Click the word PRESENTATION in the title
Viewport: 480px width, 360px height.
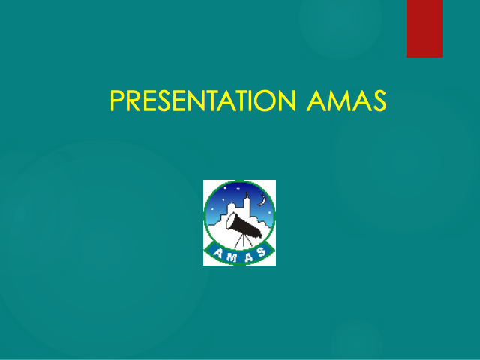point(203,100)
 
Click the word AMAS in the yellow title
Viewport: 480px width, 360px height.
point(346,100)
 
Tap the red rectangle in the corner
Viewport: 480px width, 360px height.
point(424,28)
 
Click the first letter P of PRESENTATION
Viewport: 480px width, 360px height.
point(116,100)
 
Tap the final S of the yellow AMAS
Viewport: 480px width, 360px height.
point(380,100)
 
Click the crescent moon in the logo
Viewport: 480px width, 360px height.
point(262,201)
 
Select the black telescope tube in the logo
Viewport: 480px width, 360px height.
point(247,226)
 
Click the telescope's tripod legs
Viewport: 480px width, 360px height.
point(244,241)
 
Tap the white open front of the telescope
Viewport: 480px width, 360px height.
point(231,221)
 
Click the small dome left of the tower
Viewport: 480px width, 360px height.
point(231,205)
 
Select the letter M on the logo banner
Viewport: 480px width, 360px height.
point(232,257)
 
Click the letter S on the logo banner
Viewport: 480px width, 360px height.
point(262,252)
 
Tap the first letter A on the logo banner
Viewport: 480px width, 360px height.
point(218,253)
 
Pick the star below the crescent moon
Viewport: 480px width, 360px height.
point(269,212)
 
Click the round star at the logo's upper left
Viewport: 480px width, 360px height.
point(225,188)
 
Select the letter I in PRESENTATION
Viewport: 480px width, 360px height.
point(250,100)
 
